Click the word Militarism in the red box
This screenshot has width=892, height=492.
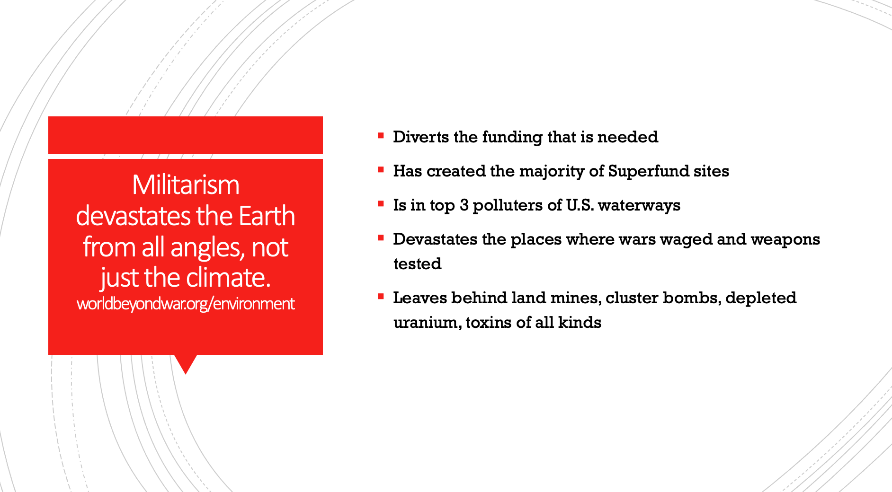tap(186, 184)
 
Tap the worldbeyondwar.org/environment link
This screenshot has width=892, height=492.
tap(186, 304)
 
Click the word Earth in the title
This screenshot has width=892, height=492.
tap(267, 216)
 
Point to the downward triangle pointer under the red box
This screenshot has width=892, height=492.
tap(186, 363)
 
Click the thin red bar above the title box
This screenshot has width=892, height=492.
tap(186, 135)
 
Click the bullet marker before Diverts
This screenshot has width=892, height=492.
tap(381, 136)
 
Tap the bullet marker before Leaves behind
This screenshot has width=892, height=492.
tap(381, 297)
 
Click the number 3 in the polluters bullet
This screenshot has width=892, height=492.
tap(464, 205)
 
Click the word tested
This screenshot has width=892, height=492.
tap(417, 264)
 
